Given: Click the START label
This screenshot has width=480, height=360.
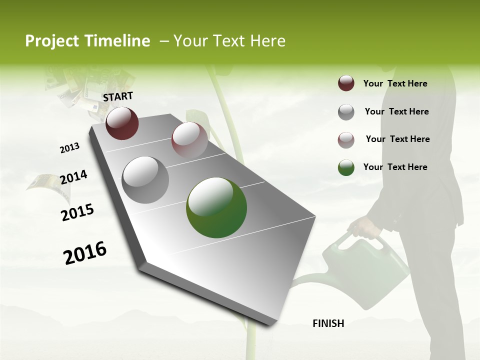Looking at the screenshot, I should point(118,96).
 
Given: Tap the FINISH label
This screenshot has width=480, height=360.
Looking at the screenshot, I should point(328,323).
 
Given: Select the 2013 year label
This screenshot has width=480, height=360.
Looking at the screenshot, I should point(70,147).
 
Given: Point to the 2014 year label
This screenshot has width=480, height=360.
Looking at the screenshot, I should point(73,177).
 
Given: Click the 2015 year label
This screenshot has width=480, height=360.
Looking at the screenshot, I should point(77,212).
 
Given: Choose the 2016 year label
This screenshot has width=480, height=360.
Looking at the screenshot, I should point(85,253).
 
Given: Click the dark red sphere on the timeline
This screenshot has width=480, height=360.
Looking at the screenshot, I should point(122,123).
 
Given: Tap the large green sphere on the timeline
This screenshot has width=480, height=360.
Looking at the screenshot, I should point(216,208).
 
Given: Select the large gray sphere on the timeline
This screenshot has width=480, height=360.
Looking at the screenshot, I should point(145,180).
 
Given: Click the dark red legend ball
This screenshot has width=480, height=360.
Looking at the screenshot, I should point(346,83).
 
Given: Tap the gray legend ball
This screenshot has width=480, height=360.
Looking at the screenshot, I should point(346,112).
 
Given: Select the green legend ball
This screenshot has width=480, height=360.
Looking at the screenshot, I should point(346,167).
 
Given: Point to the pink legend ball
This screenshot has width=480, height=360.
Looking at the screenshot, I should point(346,140).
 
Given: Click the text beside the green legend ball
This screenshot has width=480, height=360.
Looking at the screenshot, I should point(395,167).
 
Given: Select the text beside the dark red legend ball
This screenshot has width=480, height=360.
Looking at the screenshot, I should point(395,83).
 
